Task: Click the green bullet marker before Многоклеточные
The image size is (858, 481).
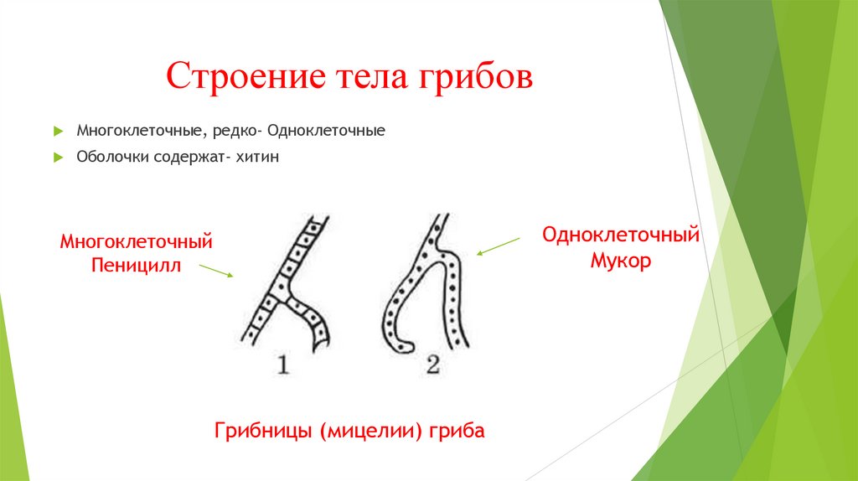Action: pyautogui.click(x=57, y=132)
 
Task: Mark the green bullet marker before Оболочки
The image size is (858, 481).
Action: pyautogui.click(x=57, y=158)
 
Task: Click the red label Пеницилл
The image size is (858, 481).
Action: pyautogui.click(x=136, y=266)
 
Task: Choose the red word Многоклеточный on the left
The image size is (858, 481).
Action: pyautogui.click(x=136, y=242)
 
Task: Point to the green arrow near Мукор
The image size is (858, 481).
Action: pyautogui.click(x=498, y=245)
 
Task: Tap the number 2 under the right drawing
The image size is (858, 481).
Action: pyautogui.click(x=432, y=365)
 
